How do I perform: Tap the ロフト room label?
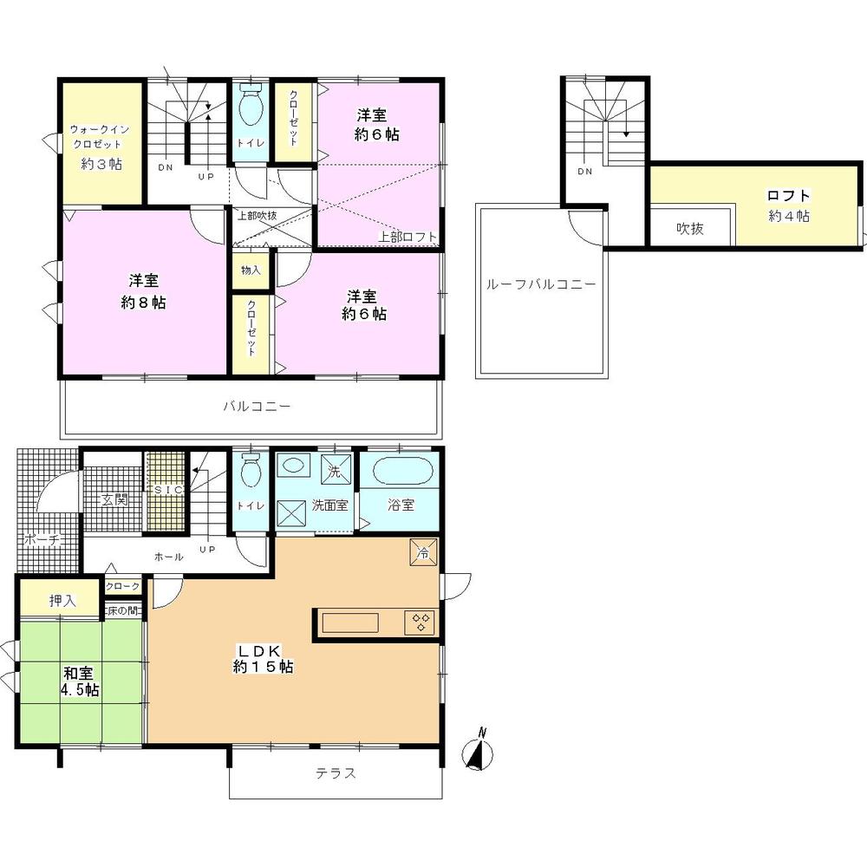coord(788,205)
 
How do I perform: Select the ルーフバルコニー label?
coord(540,283)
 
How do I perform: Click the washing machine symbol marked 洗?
coord(336,473)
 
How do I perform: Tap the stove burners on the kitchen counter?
coord(422,622)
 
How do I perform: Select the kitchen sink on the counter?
coord(351,623)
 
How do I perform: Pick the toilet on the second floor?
coord(251,109)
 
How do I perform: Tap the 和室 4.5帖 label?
coord(79,681)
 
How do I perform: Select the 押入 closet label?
coord(61,599)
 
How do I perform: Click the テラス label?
coord(335,772)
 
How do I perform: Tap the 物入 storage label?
coord(251,271)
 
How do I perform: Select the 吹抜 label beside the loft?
coord(690,229)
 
